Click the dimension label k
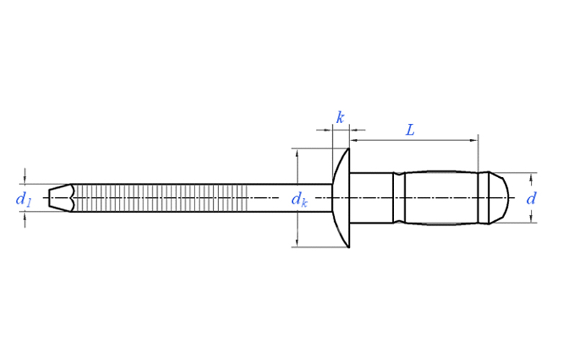coord(340,117)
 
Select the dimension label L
coord(410,130)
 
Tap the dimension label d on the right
coord(531,199)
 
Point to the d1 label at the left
coord(23,200)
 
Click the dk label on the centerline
coord(300,200)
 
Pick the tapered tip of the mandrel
coord(61,198)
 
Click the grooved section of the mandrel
coord(160,198)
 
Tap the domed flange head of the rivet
coord(341,198)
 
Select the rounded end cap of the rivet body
coord(498,198)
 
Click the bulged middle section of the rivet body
coord(441,198)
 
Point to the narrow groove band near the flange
coord(399,198)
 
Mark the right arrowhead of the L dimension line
coord(474,140)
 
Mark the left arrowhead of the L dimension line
coord(354,140)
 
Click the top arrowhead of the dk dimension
coord(297,153)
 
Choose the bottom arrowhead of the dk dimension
coord(297,243)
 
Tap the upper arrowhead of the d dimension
coord(532,177)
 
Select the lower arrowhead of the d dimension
coord(532,218)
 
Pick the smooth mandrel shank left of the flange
coord(290,198)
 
